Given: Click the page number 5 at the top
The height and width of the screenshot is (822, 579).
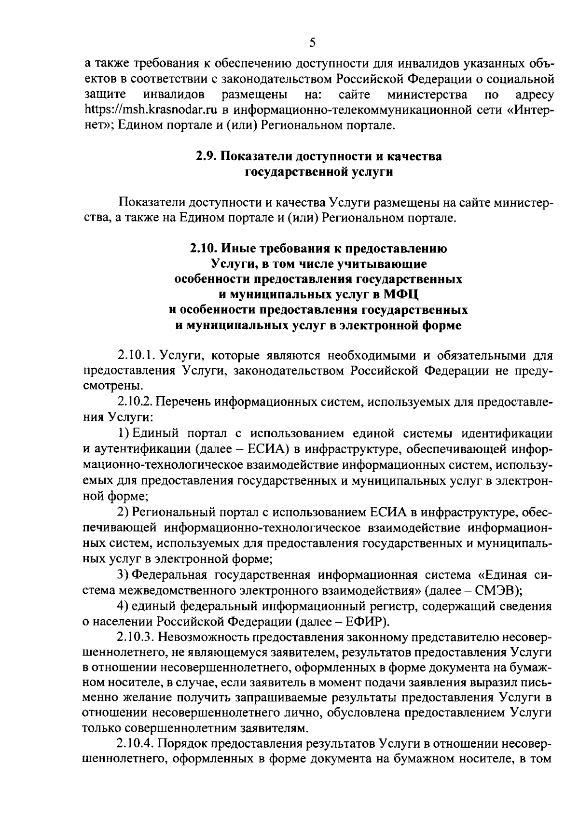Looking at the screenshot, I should pyautogui.click(x=312, y=42).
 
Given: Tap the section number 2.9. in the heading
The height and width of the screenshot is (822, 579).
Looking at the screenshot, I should pyautogui.click(x=208, y=156).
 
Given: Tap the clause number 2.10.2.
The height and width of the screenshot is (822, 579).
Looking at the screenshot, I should pyautogui.click(x=136, y=402).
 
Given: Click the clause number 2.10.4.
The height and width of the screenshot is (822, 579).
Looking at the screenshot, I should pyautogui.click(x=136, y=744).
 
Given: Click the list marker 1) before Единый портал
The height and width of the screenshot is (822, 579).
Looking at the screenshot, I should pyautogui.click(x=123, y=432).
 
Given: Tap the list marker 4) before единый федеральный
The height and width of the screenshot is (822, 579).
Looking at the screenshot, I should pyautogui.click(x=123, y=606).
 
